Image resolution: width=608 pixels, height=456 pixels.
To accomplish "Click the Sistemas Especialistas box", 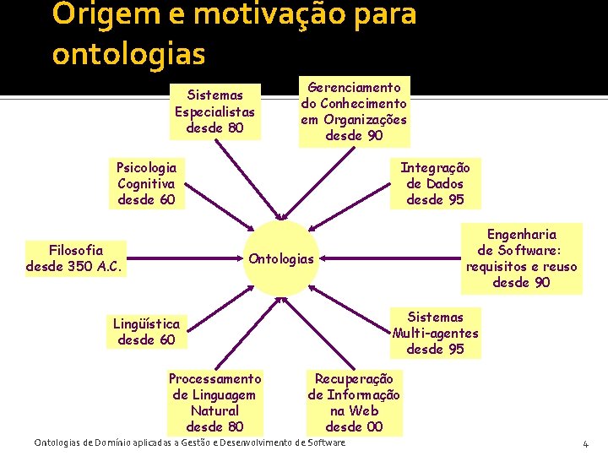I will coord(214,111).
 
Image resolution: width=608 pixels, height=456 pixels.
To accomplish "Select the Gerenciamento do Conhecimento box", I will coord(354,111).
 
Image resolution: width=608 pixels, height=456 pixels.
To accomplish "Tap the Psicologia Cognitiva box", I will coord(147,183).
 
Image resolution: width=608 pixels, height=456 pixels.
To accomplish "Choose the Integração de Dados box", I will coord(435,183).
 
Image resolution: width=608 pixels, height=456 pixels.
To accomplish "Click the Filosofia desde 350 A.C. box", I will coord(75,258).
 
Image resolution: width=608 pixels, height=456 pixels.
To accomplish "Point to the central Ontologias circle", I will coord(281,258).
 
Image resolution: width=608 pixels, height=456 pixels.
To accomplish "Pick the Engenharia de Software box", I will coord(521,258).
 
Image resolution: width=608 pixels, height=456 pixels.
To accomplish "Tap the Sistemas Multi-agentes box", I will coord(435,333).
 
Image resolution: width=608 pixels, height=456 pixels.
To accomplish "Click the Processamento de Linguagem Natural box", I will coord(214,403).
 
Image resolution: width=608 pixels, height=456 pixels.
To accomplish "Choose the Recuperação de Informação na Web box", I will coord(354,403).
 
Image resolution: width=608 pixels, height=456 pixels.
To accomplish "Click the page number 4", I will coord(585,444).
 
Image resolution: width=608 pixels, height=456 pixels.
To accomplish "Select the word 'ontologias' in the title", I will coord(128,53).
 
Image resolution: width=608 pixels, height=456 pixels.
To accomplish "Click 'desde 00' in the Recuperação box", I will coord(354,426).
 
